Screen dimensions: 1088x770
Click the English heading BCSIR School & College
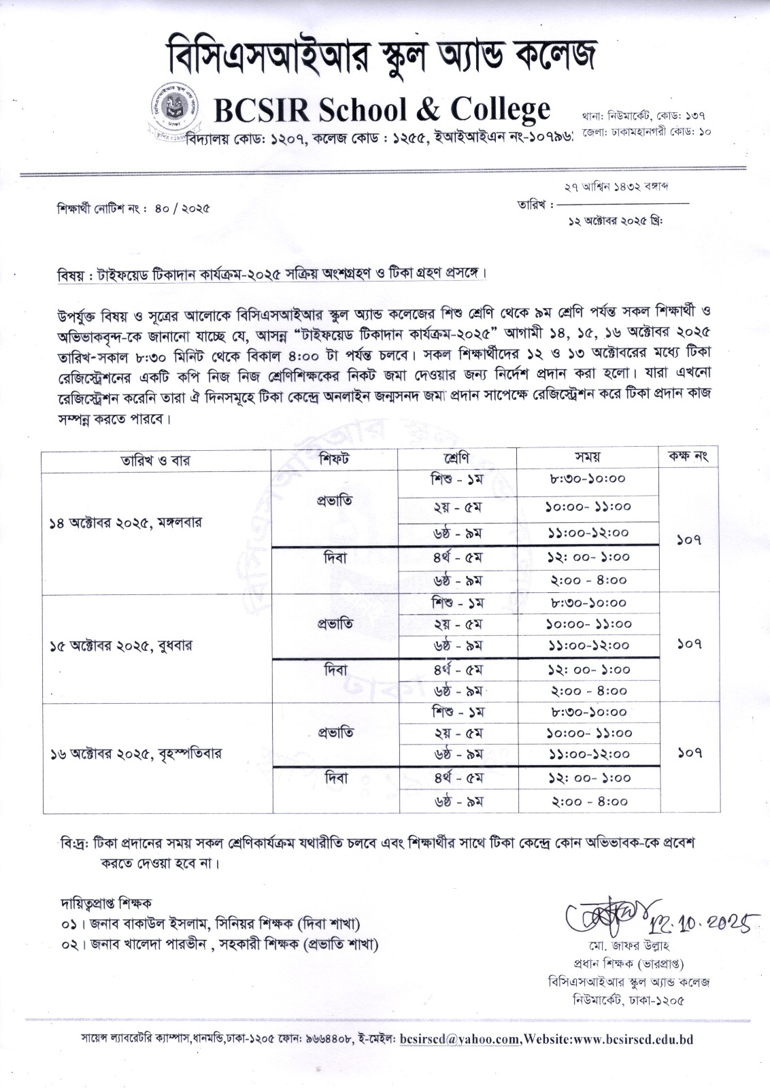[x=382, y=108]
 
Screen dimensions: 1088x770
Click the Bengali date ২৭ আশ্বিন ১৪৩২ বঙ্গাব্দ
[x=616, y=186]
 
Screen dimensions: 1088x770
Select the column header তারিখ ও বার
[x=156, y=460]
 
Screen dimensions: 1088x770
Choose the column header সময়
[x=587, y=457]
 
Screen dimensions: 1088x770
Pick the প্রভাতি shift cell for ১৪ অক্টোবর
[x=335, y=501]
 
